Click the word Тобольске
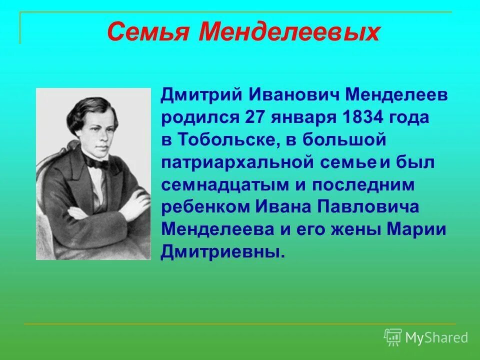(225, 140)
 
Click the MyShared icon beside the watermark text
(393, 337)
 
